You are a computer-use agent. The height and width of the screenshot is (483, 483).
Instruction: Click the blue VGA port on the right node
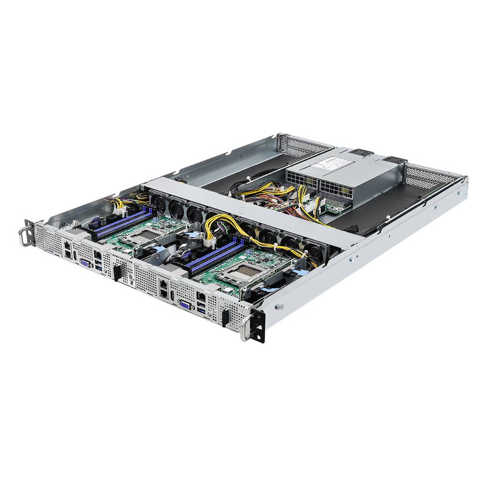185,306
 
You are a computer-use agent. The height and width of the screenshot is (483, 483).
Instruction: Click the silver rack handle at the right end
246,326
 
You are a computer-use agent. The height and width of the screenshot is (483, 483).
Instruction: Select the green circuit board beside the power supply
335,206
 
